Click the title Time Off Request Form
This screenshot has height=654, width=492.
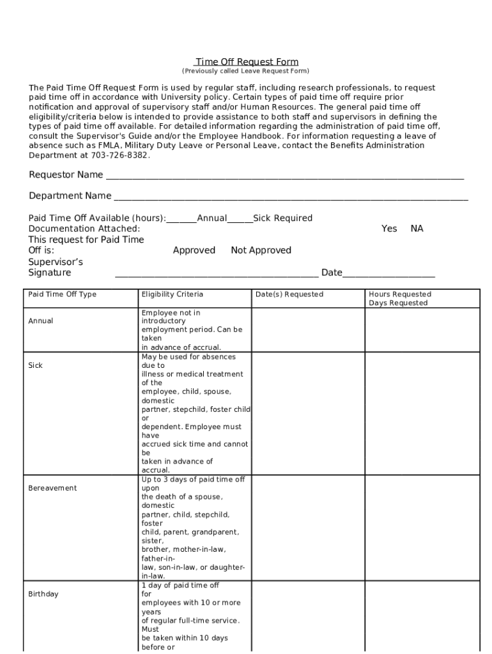247,62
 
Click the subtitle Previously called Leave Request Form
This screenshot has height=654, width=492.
246,71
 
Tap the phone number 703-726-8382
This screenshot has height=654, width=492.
119,155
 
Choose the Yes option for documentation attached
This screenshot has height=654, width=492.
388,229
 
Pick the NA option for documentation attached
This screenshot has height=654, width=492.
417,229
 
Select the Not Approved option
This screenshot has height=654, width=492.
261,250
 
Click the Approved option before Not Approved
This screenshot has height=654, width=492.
194,250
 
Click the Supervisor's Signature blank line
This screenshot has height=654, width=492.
216,274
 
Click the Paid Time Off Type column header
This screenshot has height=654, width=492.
62,294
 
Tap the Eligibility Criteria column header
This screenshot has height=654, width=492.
172,294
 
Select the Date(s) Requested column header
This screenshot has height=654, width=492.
289,294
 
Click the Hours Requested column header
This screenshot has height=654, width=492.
399,294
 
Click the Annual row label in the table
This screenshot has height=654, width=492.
41,321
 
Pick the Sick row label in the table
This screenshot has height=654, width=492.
35,365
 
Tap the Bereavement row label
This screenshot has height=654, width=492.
52,488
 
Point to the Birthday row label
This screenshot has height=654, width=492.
43,594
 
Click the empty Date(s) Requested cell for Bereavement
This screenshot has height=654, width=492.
307,527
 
